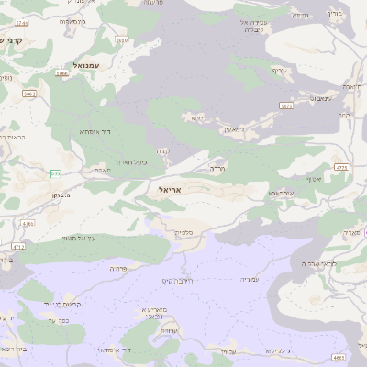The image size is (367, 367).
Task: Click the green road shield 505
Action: tap(56, 172)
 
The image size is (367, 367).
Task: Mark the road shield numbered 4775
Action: tap(342, 168)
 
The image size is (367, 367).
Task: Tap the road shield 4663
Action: tap(339, 357)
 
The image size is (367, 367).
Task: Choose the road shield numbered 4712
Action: tap(17, 246)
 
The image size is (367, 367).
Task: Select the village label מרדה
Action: tap(218, 169)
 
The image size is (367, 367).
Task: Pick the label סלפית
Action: tap(183, 233)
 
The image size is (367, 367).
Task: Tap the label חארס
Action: tap(102, 169)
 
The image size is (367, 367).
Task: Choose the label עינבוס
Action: tap(320, 96)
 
